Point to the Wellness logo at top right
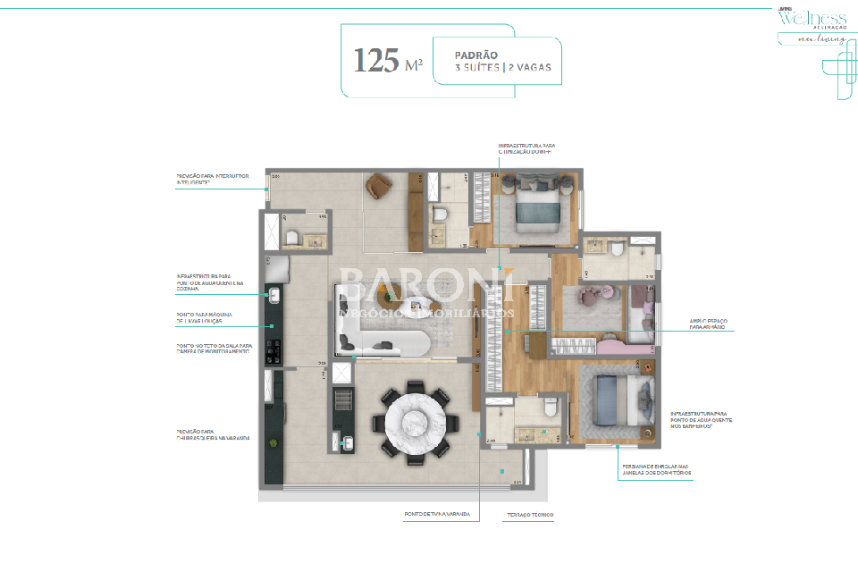coord(812,20)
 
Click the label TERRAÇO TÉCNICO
coord(530,515)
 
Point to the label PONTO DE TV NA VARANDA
coord(432,515)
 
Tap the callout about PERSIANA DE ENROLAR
coord(656,470)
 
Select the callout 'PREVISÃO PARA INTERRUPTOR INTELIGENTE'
coord(212,181)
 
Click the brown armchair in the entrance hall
coord(379,186)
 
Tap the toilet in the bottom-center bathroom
coord(551,409)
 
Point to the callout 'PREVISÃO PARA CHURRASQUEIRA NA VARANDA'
coord(214,435)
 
